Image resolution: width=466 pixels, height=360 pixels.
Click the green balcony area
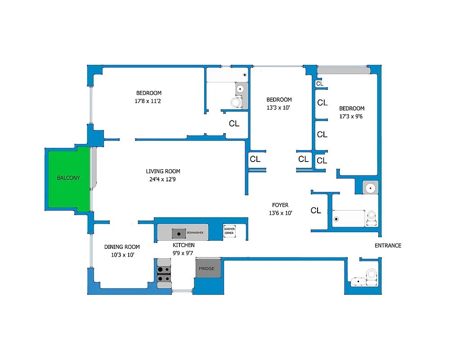68,178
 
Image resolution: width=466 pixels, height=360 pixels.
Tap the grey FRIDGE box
208,269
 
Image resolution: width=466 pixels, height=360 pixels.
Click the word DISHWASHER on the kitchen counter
195,233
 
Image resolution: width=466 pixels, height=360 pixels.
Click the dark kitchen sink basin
179,233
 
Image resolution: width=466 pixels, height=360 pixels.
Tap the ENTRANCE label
388,245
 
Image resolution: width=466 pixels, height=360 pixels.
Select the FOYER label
280,205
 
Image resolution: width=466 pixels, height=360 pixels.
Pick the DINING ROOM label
122,247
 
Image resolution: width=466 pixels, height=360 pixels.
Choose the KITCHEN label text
184,245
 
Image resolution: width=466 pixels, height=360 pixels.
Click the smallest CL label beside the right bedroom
319,84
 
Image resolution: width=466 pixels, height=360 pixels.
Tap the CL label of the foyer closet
316,210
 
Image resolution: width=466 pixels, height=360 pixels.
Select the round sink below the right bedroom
371,187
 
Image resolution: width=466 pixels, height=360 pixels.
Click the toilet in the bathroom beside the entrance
372,274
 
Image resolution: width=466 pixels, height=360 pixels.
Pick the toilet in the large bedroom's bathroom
236,103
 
